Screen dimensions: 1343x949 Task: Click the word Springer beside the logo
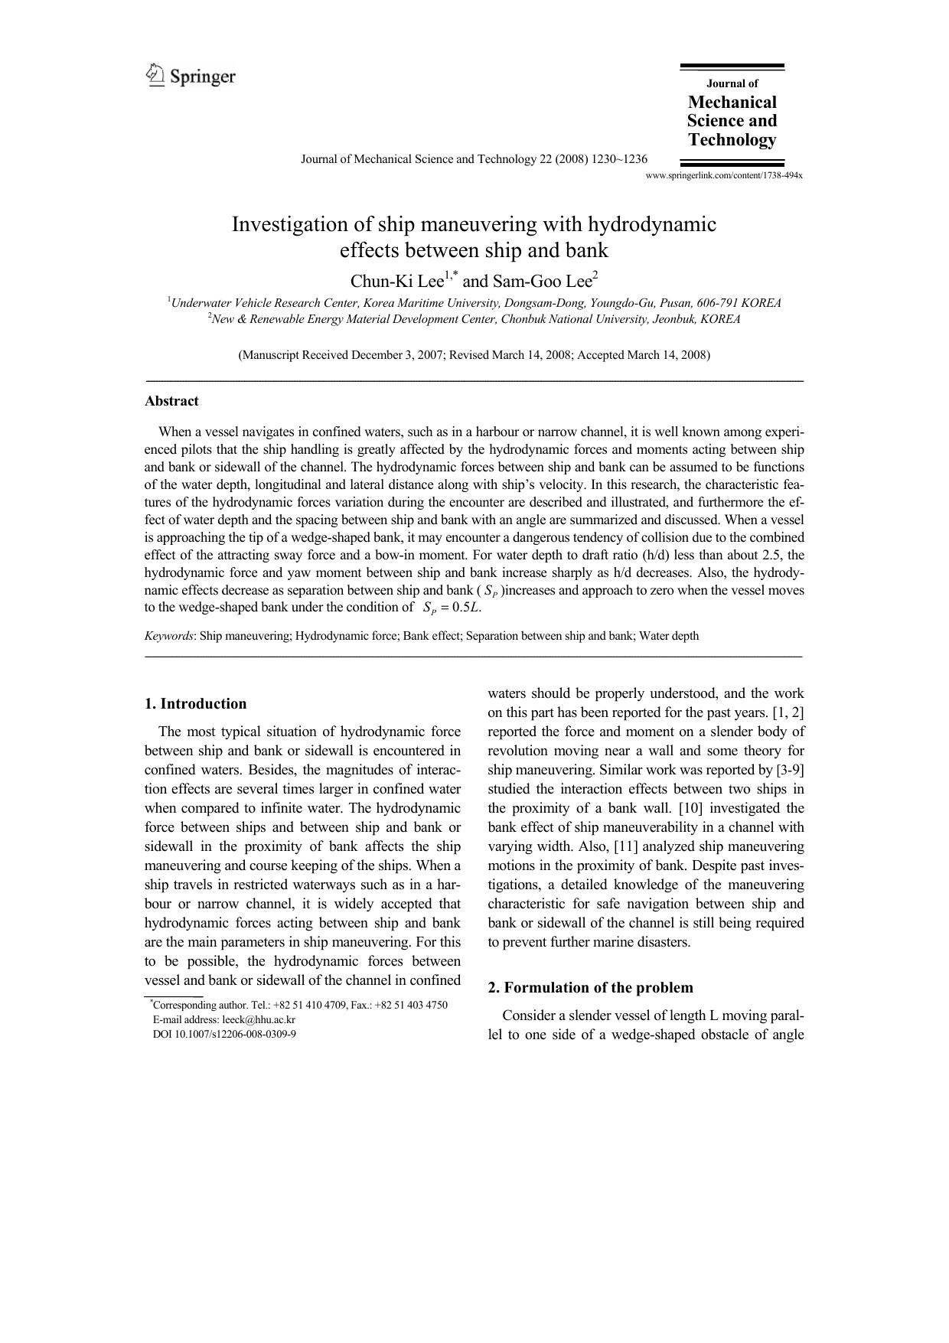(x=202, y=77)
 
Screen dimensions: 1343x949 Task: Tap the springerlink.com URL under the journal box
(x=724, y=175)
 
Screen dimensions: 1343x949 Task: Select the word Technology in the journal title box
(x=732, y=139)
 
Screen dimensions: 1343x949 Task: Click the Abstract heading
(x=171, y=401)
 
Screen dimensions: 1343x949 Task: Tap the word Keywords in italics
(x=168, y=636)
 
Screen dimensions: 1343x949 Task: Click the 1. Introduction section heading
(x=196, y=704)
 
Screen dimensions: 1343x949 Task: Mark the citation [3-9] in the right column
(x=791, y=770)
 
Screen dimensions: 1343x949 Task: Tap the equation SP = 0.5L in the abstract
(x=452, y=608)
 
